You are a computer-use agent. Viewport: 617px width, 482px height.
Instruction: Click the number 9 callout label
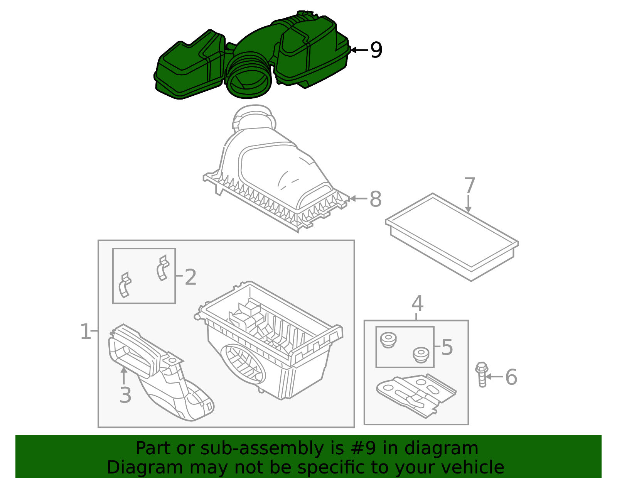point(376,50)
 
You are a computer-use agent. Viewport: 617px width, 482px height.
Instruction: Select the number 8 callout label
point(375,199)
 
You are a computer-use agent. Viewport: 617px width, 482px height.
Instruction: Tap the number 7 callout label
point(470,185)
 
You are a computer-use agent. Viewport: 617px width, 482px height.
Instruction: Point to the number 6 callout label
point(511,377)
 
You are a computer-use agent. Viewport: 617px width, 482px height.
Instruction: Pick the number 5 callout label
point(447,347)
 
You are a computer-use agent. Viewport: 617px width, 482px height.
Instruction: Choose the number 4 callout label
point(418,303)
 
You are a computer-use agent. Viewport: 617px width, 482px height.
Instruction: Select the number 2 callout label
point(190,277)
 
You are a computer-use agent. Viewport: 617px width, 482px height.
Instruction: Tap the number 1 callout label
point(86,331)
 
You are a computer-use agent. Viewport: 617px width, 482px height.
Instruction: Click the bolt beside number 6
point(482,374)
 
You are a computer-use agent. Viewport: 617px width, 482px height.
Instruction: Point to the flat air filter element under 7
point(452,237)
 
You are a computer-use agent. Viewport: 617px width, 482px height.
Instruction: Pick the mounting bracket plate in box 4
point(416,396)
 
